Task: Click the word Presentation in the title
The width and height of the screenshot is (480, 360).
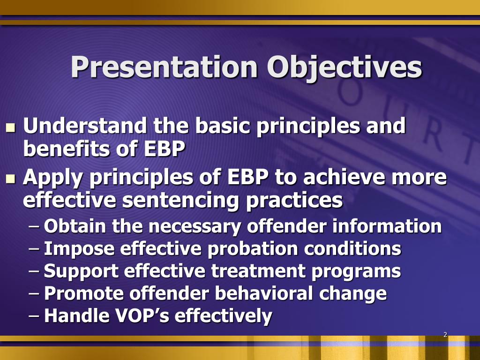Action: point(164,67)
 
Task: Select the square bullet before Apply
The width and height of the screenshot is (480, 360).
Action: point(11,179)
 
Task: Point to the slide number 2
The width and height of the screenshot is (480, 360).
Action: point(445,335)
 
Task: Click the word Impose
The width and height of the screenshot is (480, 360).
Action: point(79,249)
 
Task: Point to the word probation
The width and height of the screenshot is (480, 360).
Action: point(253,249)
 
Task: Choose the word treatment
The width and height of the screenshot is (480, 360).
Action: point(259,271)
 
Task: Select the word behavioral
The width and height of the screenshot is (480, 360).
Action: point(264,293)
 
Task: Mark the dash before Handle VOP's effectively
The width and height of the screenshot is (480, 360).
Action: point(34,316)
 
